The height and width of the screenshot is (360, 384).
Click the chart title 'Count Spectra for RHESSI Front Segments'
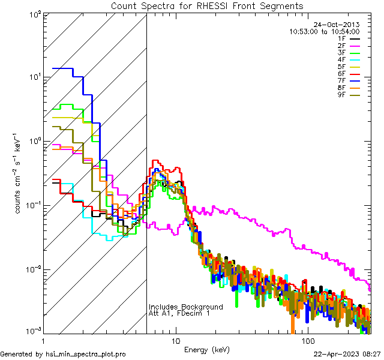click(x=207, y=6)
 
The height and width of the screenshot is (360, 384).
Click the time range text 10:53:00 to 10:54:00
click(x=324, y=32)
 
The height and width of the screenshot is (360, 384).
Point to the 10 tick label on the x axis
click(x=176, y=340)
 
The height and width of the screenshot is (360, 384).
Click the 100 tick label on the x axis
click(x=307, y=340)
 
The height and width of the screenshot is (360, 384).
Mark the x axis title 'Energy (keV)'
click(x=207, y=349)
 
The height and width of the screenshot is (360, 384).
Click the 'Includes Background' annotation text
click(x=186, y=307)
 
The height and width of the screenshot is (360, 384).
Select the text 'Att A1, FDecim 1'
click(x=179, y=314)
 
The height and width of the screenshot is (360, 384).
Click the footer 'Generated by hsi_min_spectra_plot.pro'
click(x=63, y=354)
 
